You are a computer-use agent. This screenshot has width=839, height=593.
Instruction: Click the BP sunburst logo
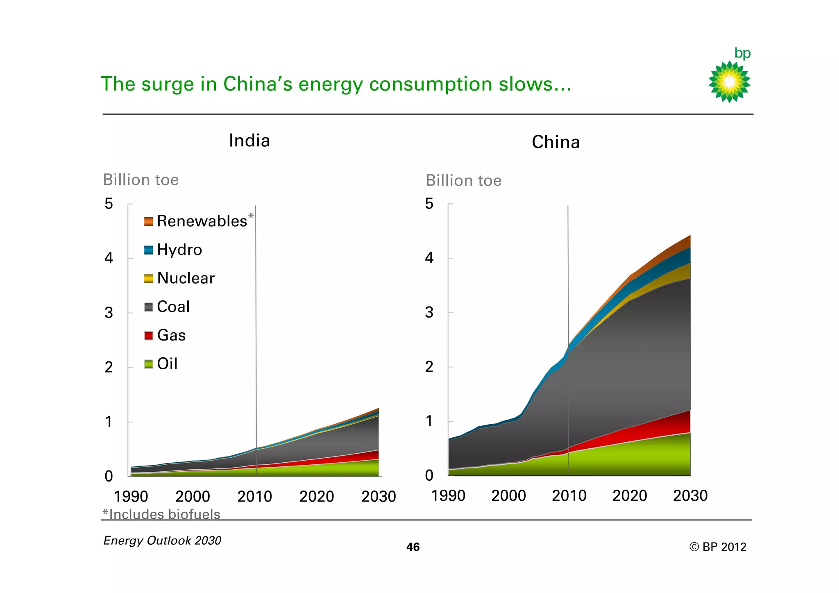(x=729, y=82)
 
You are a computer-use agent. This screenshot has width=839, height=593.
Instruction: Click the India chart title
(x=249, y=141)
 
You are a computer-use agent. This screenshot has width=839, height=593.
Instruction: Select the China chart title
(x=556, y=142)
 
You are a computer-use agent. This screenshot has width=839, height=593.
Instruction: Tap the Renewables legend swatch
(x=149, y=221)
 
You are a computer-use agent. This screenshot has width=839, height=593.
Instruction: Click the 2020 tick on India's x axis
(x=317, y=496)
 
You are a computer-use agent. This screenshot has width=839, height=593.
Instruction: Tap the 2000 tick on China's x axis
(x=508, y=495)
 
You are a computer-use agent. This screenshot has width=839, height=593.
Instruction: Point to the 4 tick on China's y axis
(x=429, y=258)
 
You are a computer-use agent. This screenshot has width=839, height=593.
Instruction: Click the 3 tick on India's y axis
(x=109, y=313)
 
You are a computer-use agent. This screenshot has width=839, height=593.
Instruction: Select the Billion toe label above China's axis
(x=463, y=180)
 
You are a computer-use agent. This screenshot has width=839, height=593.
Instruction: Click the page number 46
(x=413, y=547)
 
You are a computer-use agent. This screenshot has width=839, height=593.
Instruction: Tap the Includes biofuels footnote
(x=161, y=514)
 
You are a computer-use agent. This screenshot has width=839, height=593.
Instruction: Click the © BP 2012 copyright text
(x=718, y=547)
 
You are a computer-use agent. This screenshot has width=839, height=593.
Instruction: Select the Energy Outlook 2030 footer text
(x=162, y=541)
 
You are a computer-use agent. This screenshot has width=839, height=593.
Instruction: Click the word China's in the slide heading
(x=258, y=84)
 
